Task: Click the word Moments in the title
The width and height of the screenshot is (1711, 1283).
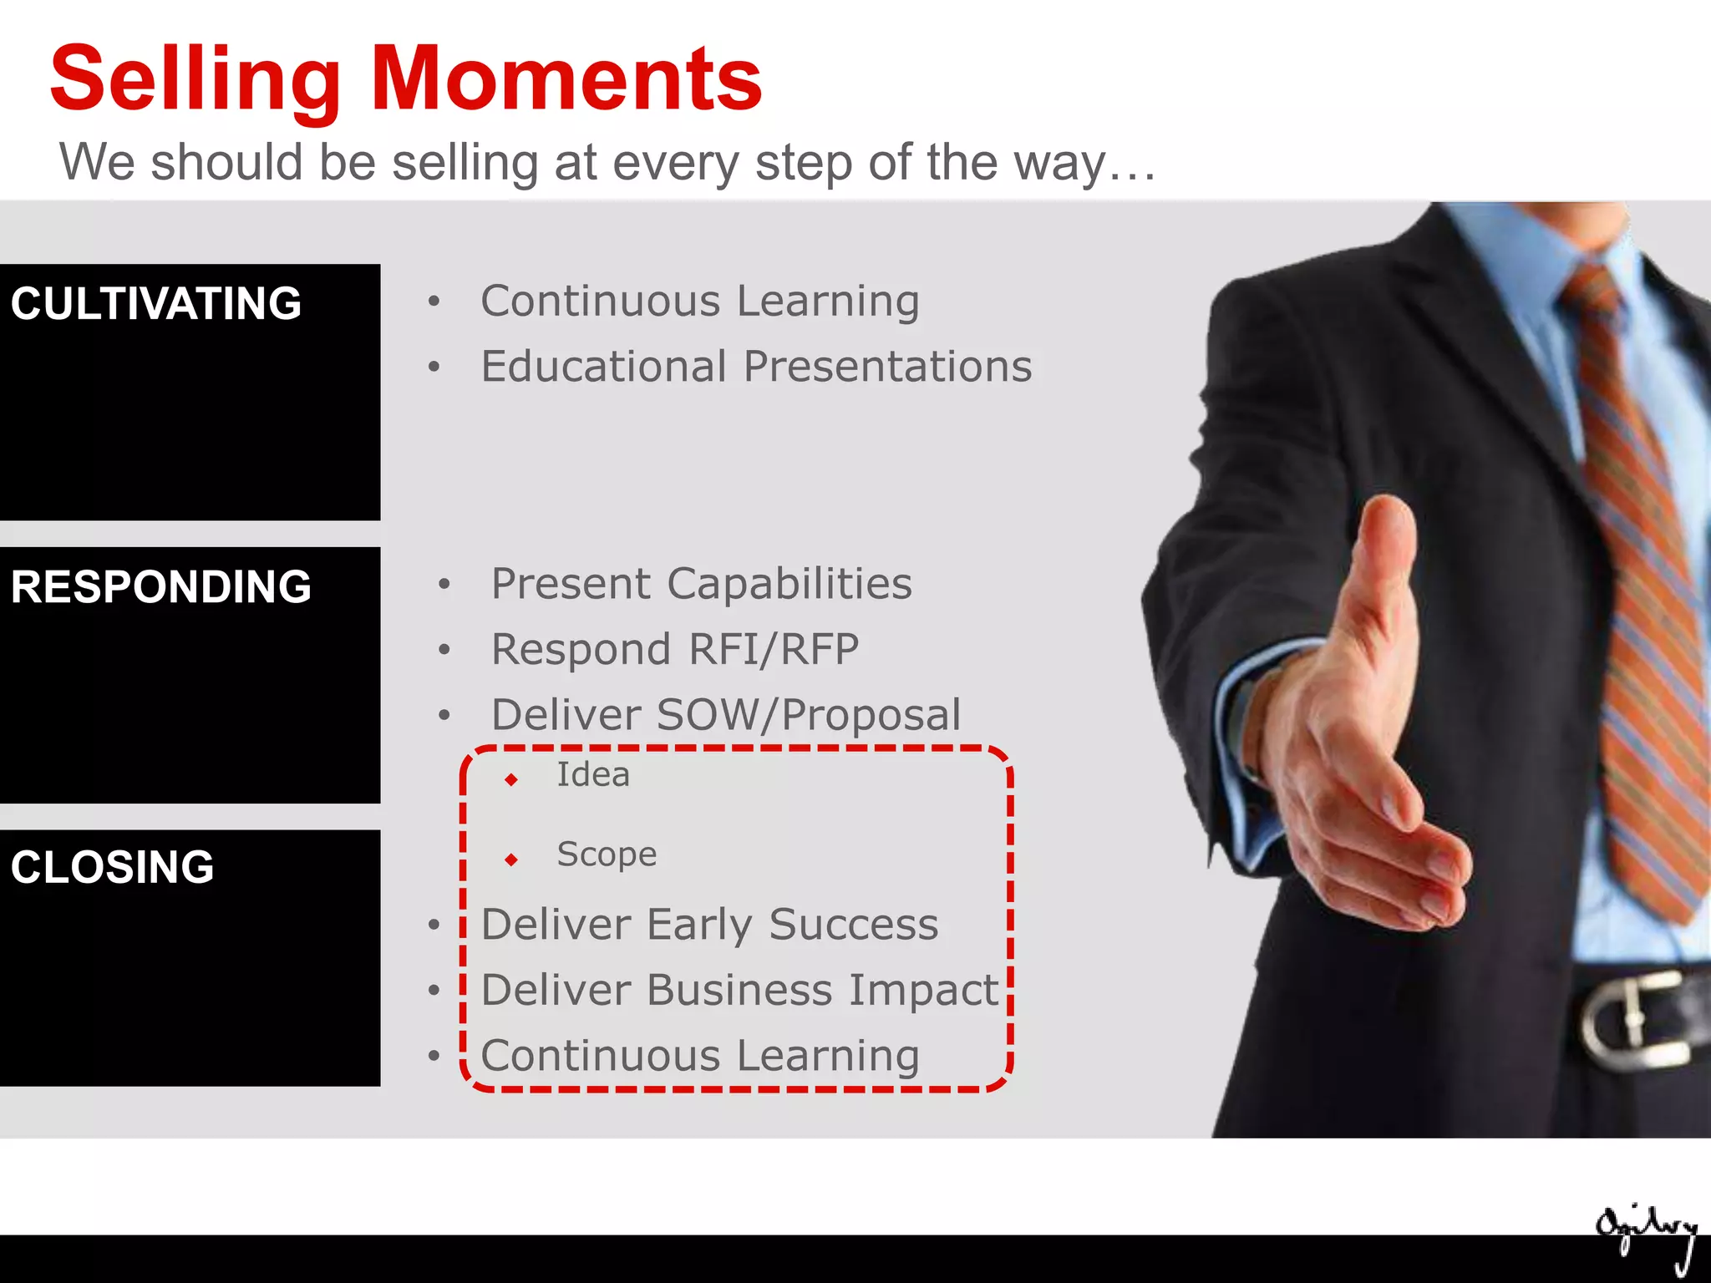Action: click(x=566, y=79)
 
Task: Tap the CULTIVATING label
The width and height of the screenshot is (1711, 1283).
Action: click(x=155, y=303)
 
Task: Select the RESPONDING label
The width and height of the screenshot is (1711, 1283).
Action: click(x=160, y=586)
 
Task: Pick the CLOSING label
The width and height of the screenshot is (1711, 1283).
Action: click(x=112, y=867)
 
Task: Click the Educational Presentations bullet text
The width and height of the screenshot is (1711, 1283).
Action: click(x=756, y=367)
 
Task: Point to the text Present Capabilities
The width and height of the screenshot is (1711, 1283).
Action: click(x=701, y=583)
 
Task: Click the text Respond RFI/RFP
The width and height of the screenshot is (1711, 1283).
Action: click(x=674, y=649)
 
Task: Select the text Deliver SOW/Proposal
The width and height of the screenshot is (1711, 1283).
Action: click(x=725, y=715)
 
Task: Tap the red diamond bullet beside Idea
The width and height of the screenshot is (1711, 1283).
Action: click(x=511, y=780)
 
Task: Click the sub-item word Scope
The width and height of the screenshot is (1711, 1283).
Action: click(x=607, y=854)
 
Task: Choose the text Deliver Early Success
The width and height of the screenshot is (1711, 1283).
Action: click(x=709, y=925)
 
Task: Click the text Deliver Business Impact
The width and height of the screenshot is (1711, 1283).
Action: click(x=739, y=991)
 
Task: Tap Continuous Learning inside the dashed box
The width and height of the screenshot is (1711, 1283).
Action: click(x=699, y=1056)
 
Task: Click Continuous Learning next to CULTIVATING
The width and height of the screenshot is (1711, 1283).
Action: click(x=699, y=302)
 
